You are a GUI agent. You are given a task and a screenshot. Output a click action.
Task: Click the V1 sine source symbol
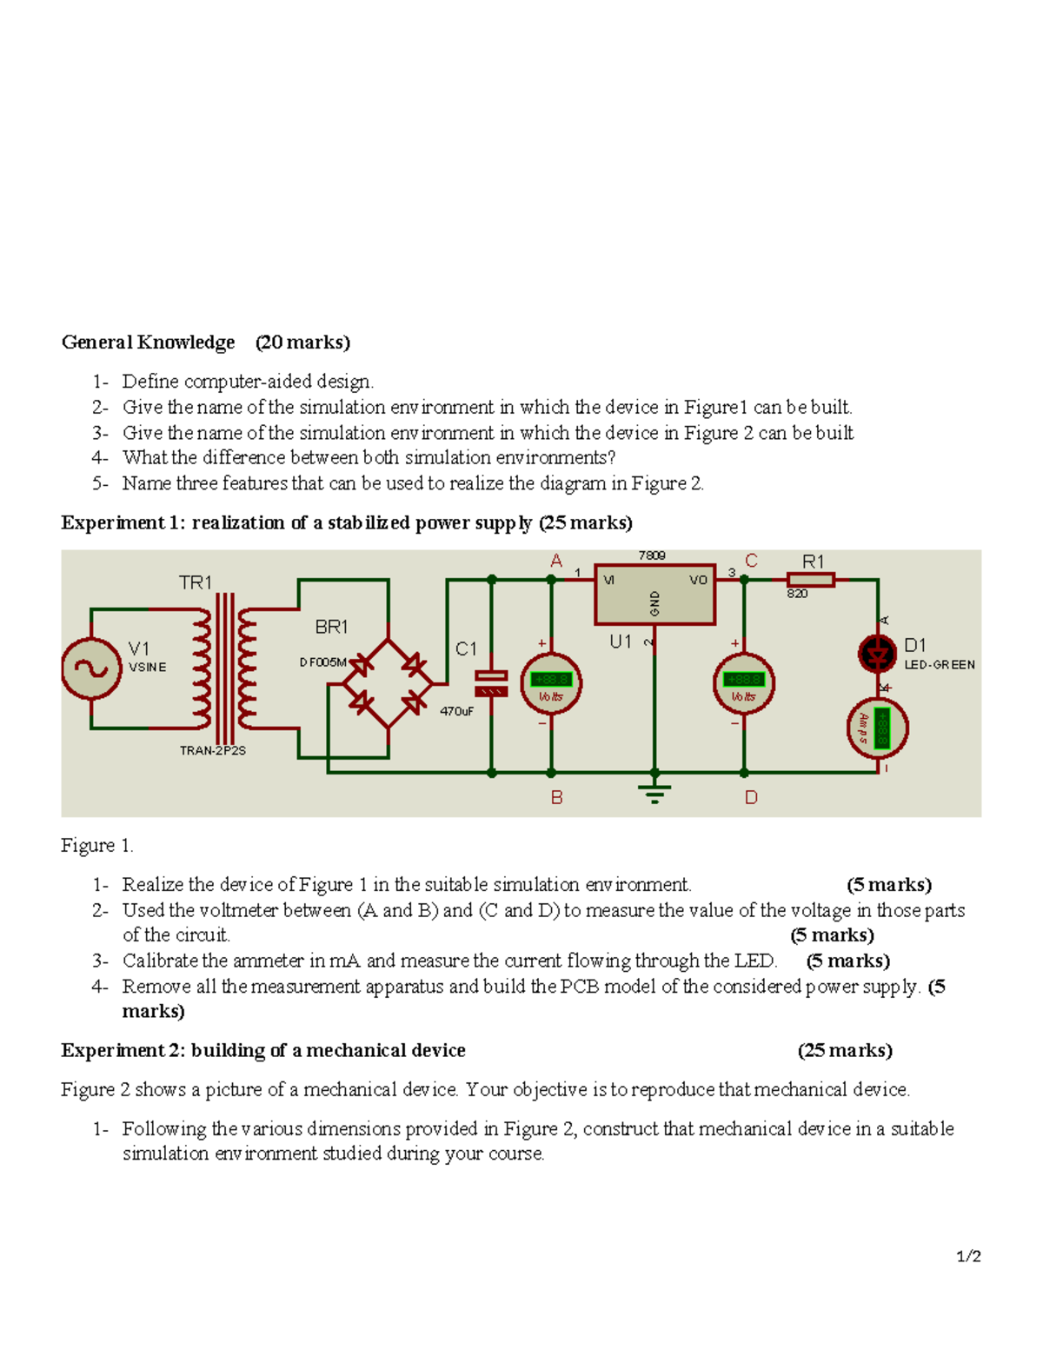[x=91, y=668]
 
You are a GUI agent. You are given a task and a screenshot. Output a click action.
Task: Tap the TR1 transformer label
[x=196, y=582]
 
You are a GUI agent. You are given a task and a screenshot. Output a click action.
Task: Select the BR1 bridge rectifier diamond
[x=388, y=683]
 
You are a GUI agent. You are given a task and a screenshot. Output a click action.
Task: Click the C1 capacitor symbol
[x=491, y=683]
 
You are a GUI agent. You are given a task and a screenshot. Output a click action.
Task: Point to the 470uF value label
[x=456, y=711]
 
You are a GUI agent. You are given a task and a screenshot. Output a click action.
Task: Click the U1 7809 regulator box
[x=654, y=595]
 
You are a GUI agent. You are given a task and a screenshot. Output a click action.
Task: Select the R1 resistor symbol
[x=810, y=580]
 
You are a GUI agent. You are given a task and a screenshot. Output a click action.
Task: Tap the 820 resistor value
[x=797, y=594]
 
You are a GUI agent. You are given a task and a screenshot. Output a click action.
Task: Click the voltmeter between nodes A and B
[x=550, y=682]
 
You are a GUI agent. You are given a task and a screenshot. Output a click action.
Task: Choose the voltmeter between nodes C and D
[x=743, y=682]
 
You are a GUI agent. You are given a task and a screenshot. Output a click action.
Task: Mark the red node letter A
[x=556, y=562]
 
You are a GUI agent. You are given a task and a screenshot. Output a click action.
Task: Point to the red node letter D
[x=751, y=797]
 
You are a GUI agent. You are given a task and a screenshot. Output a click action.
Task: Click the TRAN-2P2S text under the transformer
[x=213, y=750]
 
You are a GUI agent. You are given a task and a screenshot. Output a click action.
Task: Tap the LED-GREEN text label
[x=940, y=665]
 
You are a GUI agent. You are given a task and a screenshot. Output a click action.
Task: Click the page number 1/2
[x=968, y=1256]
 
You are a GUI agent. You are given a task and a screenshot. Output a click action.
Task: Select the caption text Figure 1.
[x=96, y=845]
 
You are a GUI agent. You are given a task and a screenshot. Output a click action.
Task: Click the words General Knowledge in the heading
[x=148, y=342]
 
